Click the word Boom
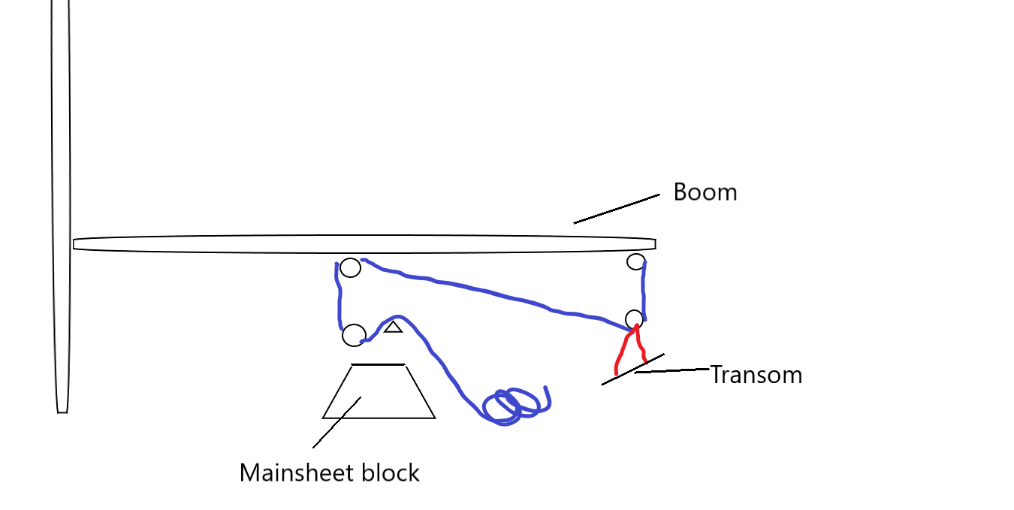(705, 192)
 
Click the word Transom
(756, 375)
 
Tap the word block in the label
(391, 473)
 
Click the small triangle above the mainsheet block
(394, 327)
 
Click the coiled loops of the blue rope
(514, 406)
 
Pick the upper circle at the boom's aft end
(636, 262)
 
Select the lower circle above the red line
(635, 318)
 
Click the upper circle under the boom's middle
(350, 267)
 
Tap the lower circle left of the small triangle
(354, 335)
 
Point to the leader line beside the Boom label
(616, 209)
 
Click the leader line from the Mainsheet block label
(336, 423)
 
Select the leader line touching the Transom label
(671, 370)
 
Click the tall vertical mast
(60, 188)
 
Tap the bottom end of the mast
(62, 410)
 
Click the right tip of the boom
(653, 244)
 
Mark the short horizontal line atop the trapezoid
(378, 365)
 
